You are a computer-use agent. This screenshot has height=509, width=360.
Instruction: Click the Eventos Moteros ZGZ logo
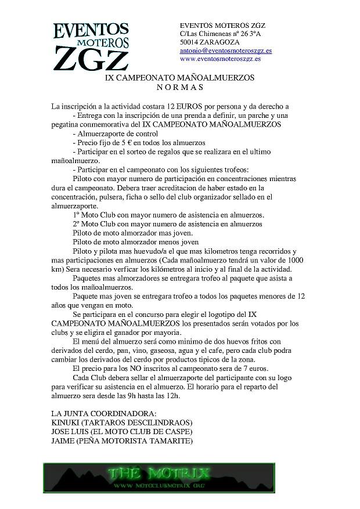(92, 46)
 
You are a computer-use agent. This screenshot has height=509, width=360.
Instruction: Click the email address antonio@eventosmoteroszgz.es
(226, 50)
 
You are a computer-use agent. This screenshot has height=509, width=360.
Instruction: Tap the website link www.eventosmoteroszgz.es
(220, 59)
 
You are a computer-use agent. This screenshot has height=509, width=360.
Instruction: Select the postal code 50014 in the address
(190, 42)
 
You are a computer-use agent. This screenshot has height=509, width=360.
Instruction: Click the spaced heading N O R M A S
(180, 87)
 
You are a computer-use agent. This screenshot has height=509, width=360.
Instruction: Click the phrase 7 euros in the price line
(258, 368)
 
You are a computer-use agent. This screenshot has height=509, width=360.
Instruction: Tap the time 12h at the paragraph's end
(172, 395)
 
